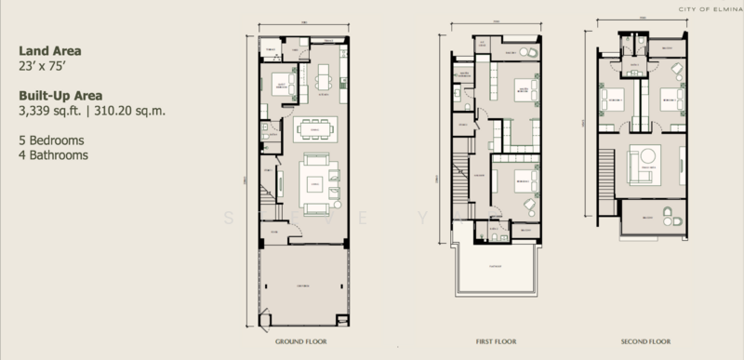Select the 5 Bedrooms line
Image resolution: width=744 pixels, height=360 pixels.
51,140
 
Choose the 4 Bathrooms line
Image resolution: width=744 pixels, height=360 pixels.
53,155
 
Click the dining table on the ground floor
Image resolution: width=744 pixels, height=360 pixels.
315,128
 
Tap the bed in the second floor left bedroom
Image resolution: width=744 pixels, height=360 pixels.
615,98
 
